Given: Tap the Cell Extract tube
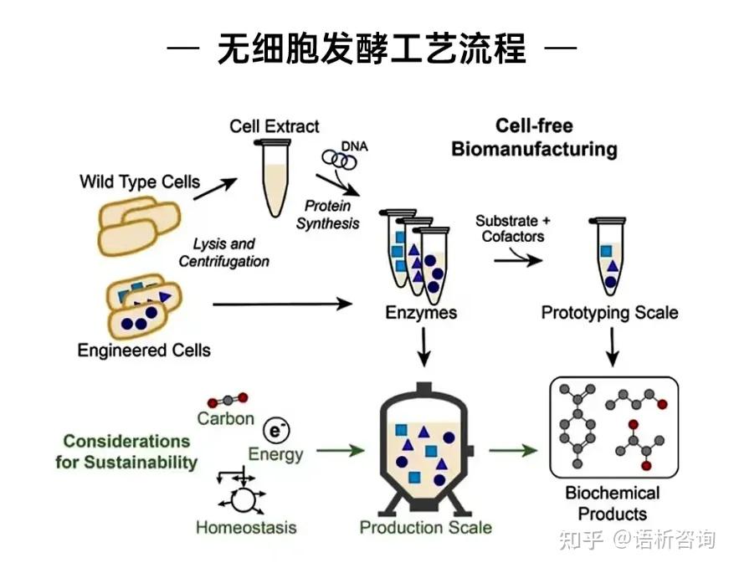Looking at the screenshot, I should tap(274, 181).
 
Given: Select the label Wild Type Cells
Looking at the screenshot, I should tap(140, 182).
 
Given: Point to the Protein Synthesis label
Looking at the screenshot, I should tap(327, 214).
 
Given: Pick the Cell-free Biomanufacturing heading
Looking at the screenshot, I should tap(534, 138).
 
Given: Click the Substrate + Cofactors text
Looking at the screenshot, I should tap(513, 228).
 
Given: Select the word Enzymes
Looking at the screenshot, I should tap(421, 313).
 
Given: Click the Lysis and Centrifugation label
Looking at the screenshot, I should tap(224, 253).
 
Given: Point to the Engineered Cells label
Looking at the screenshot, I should tap(144, 351).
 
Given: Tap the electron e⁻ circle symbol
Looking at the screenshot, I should tap(274, 431).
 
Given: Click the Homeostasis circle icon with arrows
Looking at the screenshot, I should tap(243, 498).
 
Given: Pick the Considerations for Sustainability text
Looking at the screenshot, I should tap(127, 451).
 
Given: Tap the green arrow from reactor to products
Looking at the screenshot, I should tap(512, 450).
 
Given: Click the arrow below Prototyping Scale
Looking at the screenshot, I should tap(612, 345).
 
